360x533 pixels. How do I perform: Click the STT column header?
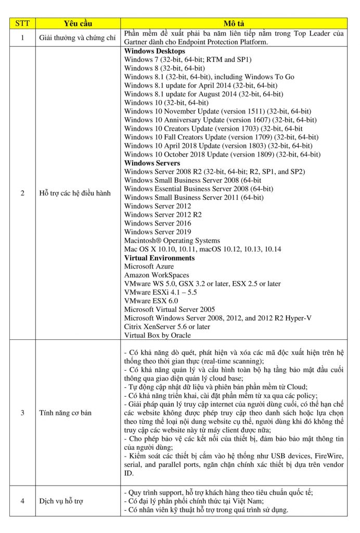pos(22,24)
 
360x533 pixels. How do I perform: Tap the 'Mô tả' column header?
pos(234,24)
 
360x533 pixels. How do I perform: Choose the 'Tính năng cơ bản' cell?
pos(65,413)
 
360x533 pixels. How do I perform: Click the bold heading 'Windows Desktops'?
pos(155,52)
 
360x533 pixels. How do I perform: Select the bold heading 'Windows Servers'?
pos(152,163)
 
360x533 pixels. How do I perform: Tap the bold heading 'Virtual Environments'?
pos(159,258)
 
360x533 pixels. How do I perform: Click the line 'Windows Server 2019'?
pos(158,232)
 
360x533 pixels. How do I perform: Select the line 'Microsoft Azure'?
pos(149,266)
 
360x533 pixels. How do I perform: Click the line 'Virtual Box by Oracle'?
pos(158,335)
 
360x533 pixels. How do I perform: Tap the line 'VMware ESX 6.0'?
pos(151,301)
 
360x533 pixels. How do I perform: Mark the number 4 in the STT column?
pos(22,501)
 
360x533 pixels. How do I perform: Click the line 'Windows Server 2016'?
pos(158,223)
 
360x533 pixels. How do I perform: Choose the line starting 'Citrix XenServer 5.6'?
pos(167,326)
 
